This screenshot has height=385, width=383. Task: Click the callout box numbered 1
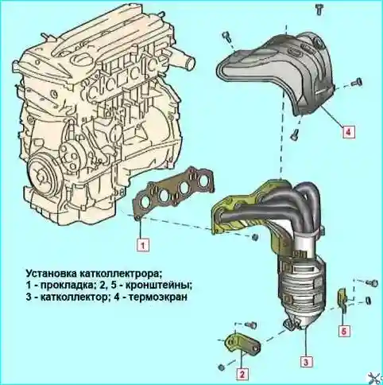click(x=143, y=245)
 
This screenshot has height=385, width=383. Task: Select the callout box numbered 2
click(x=242, y=374)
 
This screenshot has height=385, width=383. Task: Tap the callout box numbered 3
click(x=306, y=362)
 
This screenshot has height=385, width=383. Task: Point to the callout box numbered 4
click(x=348, y=131)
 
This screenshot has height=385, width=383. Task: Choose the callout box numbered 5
click(x=344, y=331)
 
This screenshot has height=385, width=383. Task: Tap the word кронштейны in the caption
click(x=158, y=286)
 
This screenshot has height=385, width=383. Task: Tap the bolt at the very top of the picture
click(x=319, y=10)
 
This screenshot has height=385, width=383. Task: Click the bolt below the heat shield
click(x=295, y=134)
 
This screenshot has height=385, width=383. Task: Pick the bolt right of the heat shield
click(x=357, y=82)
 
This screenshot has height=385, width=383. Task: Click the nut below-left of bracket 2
click(x=222, y=367)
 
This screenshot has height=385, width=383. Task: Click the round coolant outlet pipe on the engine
click(x=188, y=62)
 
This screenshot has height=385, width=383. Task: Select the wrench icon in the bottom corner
click(x=375, y=377)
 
